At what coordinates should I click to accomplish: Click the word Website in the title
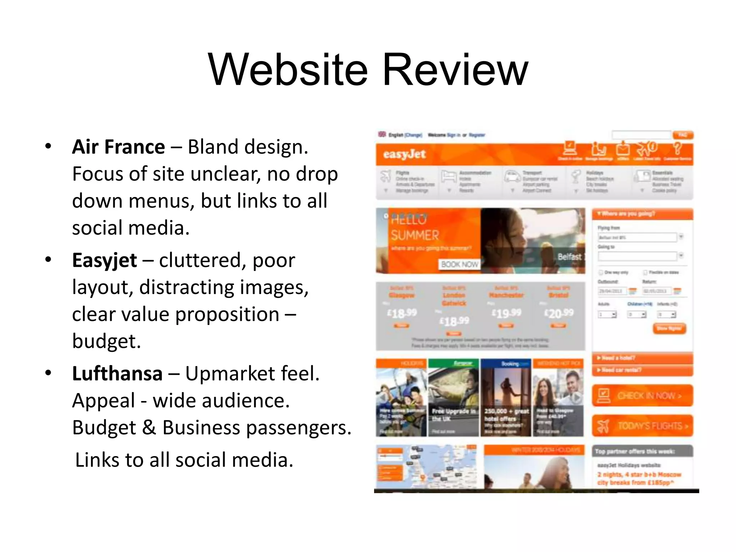[287, 70]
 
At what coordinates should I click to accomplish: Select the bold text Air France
[118, 147]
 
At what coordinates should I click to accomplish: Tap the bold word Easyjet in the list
[104, 260]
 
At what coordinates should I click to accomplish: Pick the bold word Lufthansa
[117, 373]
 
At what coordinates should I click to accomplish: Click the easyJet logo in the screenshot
[404, 154]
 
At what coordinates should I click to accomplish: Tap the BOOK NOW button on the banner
[459, 264]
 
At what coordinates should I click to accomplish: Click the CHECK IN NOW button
[642, 396]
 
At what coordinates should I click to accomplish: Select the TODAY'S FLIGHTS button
[642, 426]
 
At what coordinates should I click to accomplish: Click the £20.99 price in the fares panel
[559, 313]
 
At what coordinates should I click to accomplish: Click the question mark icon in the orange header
[677, 148]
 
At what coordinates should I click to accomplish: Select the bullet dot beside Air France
[48, 147]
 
